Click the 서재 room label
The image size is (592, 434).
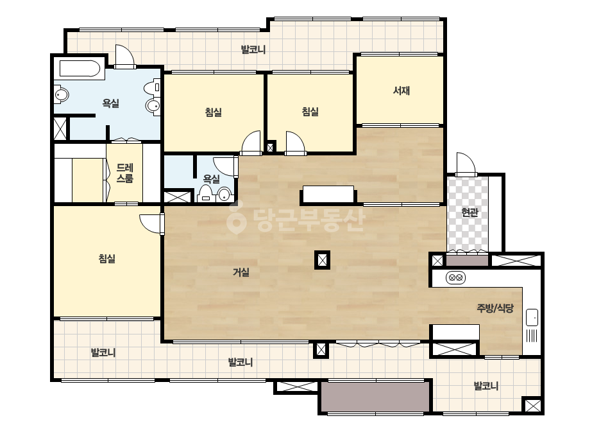pyautogui.click(x=402, y=91)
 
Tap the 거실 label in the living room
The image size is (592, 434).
pyautogui.click(x=241, y=272)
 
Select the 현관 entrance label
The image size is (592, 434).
pyautogui.click(x=469, y=213)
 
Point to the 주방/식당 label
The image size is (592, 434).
pyautogui.click(x=495, y=308)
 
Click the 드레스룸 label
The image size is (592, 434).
pyautogui.click(x=124, y=173)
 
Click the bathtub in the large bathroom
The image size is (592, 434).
pyautogui.click(x=80, y=69)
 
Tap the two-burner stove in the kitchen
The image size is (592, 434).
pyautogui.click(x=455, y=278)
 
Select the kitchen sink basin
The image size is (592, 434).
pyautogui.click(x=532, y=317)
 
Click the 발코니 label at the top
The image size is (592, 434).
pyautogui.click(x=253, y=49)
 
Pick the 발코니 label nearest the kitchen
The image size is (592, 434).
pyautogui.click(x=486, y=386)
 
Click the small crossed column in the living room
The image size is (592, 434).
pyautogui.click(x=322, y=260)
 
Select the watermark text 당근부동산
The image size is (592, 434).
pyautogui.click(x=296, y=218)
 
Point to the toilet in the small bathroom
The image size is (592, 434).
pyautogui.click(x=205, y=193)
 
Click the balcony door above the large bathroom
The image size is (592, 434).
pyautogui.click(x=125, y=56)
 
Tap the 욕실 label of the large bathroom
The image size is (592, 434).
pyautogui.click(x=110, y=103)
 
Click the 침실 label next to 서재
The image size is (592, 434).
pyautogui.click(x=310, y=112)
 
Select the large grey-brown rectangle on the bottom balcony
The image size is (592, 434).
pyautogui.click(x=376, y=397)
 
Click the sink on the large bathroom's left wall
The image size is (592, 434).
pyautogui.click(x=62, y=94)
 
